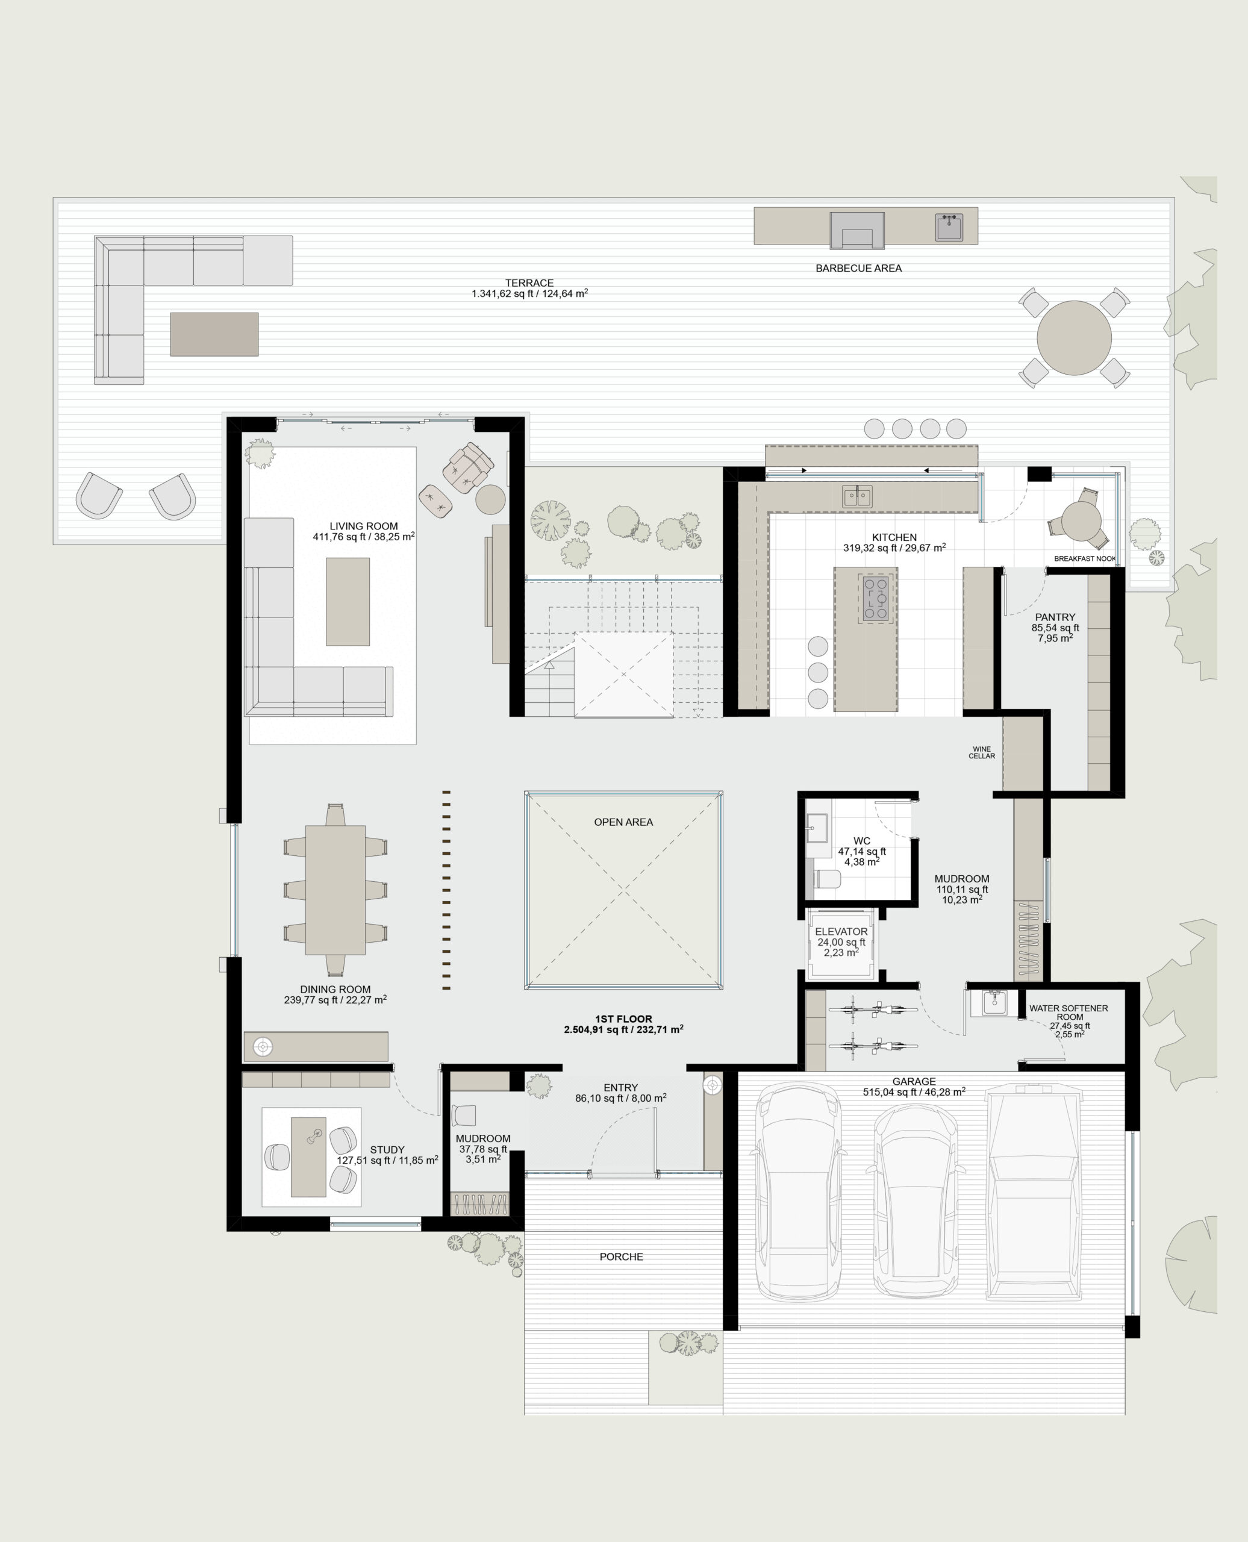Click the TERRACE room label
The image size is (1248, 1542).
click(x=529, y=283)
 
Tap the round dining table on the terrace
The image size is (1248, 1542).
click(x=1073, y=338)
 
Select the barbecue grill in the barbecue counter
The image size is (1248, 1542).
click(x=857, y=230)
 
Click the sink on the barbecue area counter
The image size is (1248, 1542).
click(x=949, y=227)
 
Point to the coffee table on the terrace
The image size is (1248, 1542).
click(x=214, y=334)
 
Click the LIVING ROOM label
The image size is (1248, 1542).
click(x=363, y=526)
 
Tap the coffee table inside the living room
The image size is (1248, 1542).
click(x=348, y=602)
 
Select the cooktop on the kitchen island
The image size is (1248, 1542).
click(x=876, y=598)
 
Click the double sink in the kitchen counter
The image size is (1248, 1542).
click(x=857, y=496)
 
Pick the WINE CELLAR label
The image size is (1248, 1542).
click(x=981, y=752)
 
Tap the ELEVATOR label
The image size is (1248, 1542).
click(x=841, y=932)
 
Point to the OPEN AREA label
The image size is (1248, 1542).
click(x=623, y=822)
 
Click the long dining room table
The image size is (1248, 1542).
click(x=335, y=890)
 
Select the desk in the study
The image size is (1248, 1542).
click(x=308, y=1156)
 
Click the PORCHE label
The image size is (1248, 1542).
click(x=621, y=1256)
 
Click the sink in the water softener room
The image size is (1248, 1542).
click(x=994, y=1003)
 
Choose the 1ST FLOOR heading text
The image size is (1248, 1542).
click(x=623, y=1019)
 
